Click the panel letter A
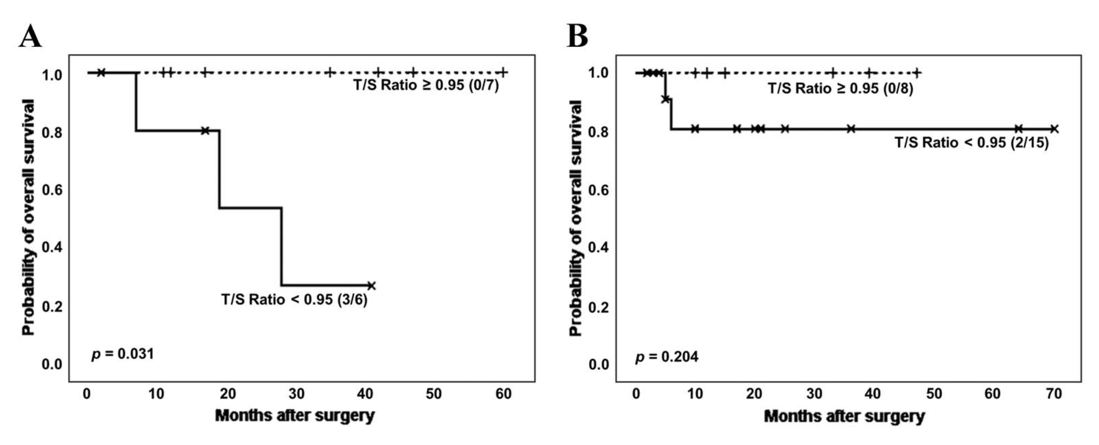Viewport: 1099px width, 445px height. click(30, 37)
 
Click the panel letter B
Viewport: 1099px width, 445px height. click(577, 37)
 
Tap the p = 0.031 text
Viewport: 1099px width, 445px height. click(123, 354)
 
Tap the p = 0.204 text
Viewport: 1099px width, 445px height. click(667, 356)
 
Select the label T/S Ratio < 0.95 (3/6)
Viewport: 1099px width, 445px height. click(294, 300)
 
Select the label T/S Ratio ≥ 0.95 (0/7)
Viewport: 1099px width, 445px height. click(426, 85)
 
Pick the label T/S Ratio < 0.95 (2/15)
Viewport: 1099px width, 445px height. click(971, 142)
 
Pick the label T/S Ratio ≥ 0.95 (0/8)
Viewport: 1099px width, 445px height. click(840, 88)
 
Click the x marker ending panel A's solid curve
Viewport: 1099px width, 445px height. click(372, 286)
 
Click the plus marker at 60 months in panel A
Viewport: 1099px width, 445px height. click(503, 72)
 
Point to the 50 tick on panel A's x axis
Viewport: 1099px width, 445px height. click(433, 394)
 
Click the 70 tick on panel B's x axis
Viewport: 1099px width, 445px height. click(1054, 394)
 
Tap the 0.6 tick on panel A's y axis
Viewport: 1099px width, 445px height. click(52, 190)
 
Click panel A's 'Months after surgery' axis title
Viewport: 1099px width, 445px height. click(295, 415)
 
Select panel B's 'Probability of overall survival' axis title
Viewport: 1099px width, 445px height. click(575, 217)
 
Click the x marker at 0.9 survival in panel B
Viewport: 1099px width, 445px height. click(665, 99)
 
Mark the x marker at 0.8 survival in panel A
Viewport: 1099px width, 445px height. click(205, 130)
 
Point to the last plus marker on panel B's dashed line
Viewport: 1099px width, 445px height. click(916, 73)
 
